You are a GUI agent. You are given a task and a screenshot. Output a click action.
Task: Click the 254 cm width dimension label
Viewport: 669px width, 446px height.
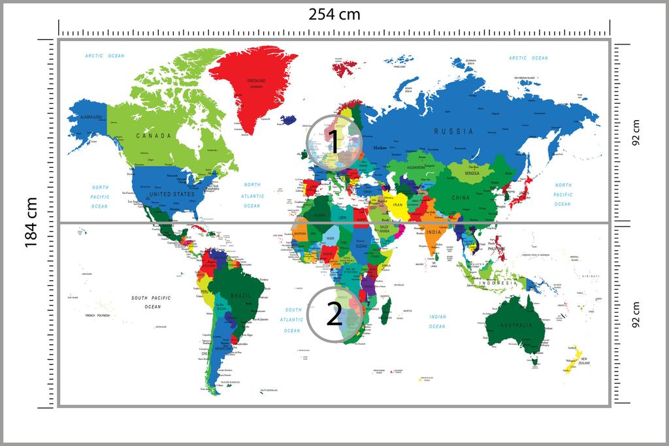click(334, 14)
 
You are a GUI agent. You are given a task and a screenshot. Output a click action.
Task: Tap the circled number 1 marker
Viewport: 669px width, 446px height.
click(334, 142)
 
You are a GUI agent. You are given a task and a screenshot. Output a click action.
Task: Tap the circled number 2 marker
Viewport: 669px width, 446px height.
click(334, 315)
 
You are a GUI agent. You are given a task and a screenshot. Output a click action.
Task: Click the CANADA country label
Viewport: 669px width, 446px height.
click(153, 136)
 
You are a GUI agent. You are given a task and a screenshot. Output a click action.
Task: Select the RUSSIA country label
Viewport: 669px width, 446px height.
click(453, 131)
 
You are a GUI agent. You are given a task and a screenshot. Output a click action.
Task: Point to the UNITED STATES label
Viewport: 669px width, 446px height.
click(172, 195)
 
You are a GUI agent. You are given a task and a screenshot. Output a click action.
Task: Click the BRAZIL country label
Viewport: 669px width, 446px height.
click(240, 296)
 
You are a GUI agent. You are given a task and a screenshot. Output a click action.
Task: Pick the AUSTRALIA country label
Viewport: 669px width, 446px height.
click(517, 325)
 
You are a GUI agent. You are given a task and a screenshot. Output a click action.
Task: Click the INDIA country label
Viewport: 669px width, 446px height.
click(433, 232)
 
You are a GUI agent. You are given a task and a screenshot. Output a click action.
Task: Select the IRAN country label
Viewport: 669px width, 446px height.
click(399, 204)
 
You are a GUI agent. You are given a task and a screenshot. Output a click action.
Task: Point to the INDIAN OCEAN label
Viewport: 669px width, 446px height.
click(437, 321)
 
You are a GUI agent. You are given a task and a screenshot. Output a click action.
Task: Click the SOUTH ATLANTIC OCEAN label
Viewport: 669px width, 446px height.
click(292, 320)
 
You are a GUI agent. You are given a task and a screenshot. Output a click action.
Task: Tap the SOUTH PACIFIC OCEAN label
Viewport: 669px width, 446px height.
click(151, 302)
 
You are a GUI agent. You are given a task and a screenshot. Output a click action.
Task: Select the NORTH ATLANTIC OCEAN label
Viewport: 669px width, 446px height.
click(252, 195)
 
